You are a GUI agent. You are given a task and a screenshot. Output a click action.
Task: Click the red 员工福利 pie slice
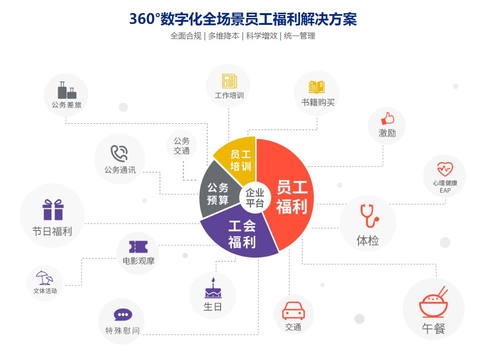coord(290,195)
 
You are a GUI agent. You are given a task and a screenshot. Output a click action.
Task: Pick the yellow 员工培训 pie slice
coord(240,158)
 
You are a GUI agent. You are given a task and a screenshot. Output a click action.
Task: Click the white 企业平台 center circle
coord(255,197)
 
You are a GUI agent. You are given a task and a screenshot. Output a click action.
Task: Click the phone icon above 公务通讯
coord(119,153)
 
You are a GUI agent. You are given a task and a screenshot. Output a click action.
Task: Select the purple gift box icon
coord(53,210)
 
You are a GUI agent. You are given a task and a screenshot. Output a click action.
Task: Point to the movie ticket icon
coord(138,246)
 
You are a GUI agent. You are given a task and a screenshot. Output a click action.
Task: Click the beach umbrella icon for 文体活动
coord(44,278)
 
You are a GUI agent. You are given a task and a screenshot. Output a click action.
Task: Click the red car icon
coord(294,310)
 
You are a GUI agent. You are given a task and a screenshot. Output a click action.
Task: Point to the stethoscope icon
coord(369,215)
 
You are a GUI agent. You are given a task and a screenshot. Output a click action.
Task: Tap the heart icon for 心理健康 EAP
coord(445,169)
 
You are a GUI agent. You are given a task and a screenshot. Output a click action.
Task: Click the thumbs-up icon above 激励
coord(387,118)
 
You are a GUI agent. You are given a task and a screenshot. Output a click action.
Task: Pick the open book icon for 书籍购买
coord(317,87)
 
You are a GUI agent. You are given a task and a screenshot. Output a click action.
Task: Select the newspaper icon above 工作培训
coord(229,81)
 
